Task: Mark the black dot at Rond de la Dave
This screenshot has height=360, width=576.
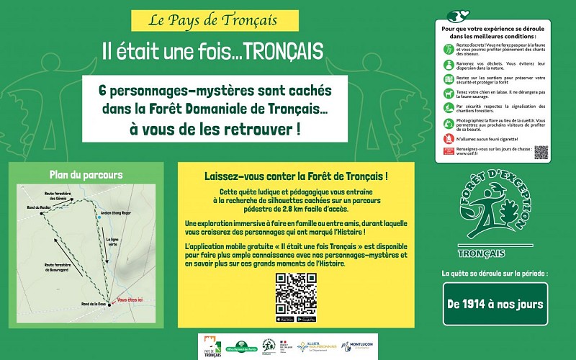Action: pyautogui.click(x=110, y=302)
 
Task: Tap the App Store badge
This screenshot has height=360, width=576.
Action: pyautogui.click(x=285, y=319)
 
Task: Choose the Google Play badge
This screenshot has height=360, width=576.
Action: pyautogui.click(x=307, y=319)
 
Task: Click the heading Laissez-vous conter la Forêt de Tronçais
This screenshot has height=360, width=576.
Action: pyautogui.click(x=296, y=176)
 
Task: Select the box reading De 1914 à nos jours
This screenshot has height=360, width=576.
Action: pyautogui.click(x=495, y=304)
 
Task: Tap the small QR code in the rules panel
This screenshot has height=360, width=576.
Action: pyautogui.click(x=541, y=152)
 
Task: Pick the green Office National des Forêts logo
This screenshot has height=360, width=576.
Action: pyautogui.click(x=242, y=347)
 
